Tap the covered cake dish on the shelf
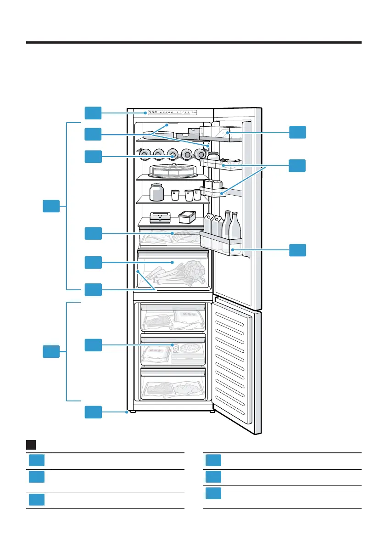coord(171,170)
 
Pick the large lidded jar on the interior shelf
coord(156,192)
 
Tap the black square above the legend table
coord(31,445)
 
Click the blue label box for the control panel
coord(93,113)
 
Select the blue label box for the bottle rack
coord(93,157)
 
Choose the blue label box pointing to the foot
coord(93,412)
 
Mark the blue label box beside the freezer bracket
coord(51,352)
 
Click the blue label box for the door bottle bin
coord(297,250)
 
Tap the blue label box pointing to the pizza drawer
coord(93,344)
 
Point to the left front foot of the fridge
coord(132,412)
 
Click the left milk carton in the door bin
coord(209,224)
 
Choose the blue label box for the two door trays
coord(297,165)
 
